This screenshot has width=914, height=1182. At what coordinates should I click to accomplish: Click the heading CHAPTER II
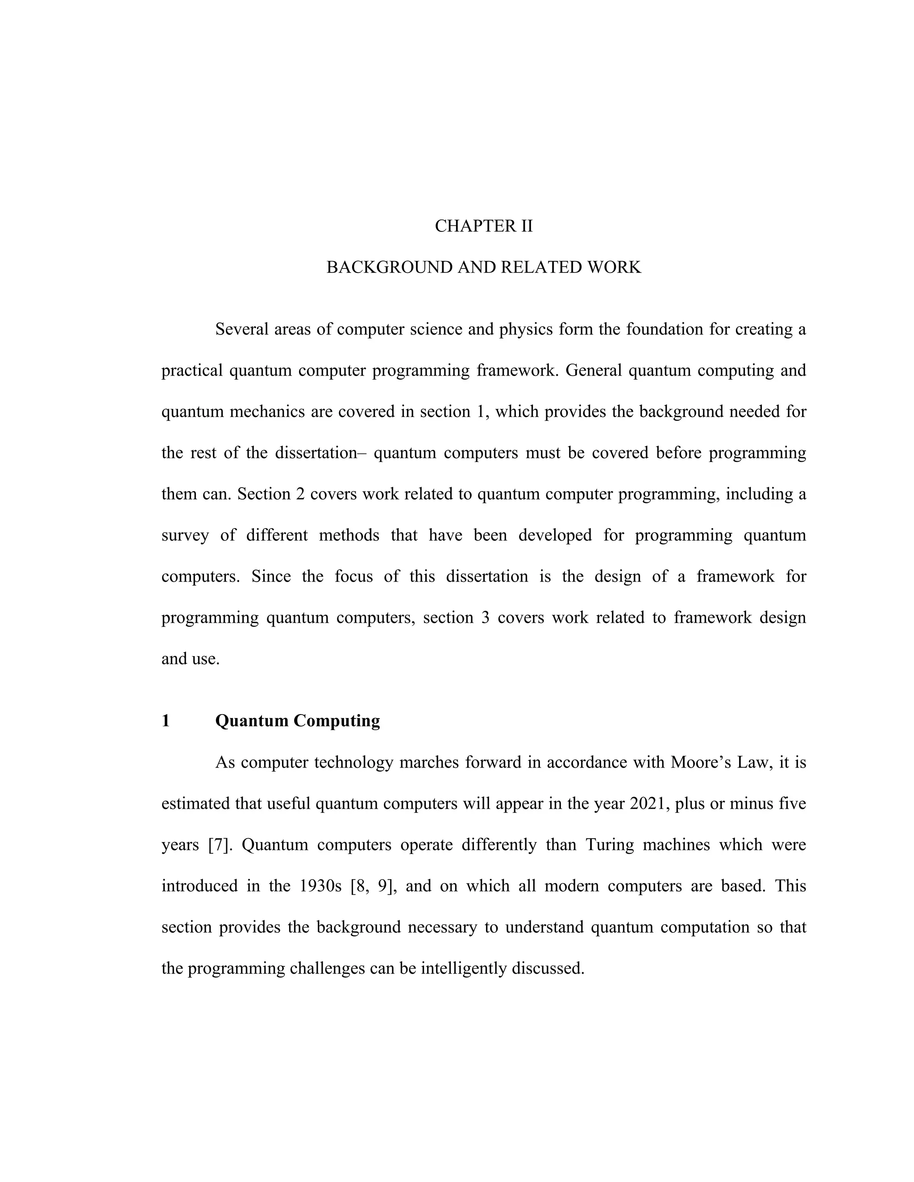coord(483,226)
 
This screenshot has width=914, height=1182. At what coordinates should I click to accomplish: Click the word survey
coord(185,535)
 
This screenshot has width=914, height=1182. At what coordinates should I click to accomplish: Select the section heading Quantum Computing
coord(297,721)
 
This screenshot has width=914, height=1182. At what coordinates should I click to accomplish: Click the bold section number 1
coord(166,721)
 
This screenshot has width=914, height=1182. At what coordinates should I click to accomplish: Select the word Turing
coord(609,845)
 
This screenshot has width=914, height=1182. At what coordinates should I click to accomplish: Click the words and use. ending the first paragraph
coord(191,659)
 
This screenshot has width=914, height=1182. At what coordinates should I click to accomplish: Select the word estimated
coord(196,804)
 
